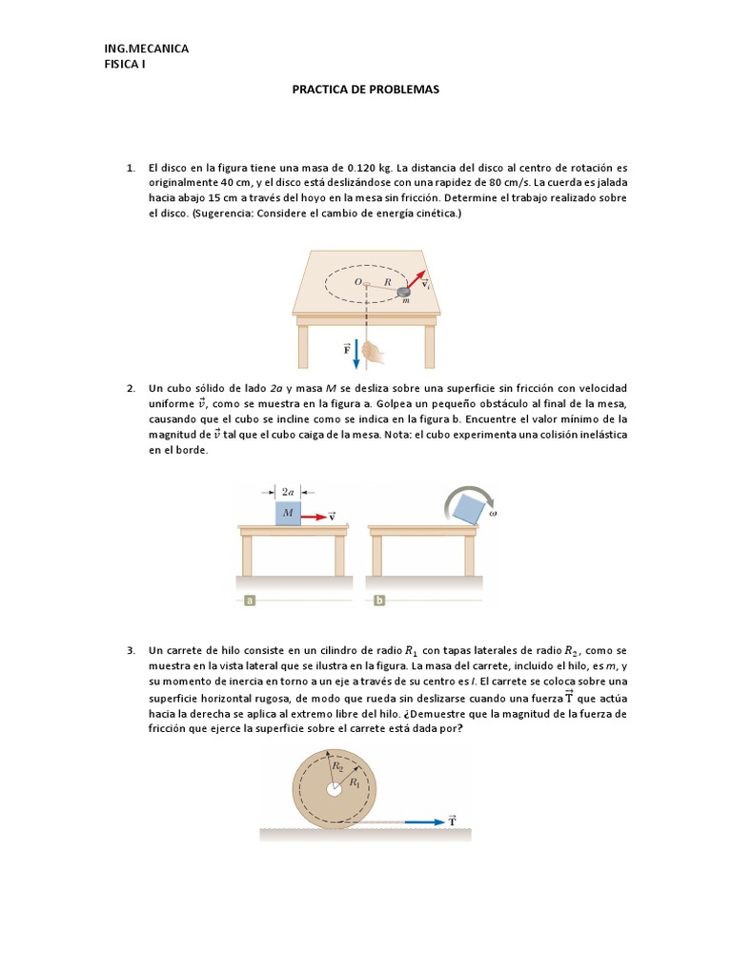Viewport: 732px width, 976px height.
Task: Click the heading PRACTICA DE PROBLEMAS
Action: point(365,89)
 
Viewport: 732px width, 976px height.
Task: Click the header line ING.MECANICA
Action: point(146,49)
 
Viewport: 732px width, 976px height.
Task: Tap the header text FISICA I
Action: point(125,64)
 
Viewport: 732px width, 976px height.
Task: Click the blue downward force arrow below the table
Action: point(356,355)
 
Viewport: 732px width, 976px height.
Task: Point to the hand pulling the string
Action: point(373,352)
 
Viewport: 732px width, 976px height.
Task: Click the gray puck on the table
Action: point(404,292)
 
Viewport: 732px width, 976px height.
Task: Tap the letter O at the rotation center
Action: point(358,282)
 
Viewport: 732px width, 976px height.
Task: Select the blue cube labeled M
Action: point(288,513)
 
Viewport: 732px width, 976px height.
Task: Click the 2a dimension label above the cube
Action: point(288,492)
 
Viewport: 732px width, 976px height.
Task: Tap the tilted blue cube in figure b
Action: point(468,509)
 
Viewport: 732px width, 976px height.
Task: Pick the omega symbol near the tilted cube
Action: point(493,514)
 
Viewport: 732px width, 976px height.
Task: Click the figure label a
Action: point(250,600)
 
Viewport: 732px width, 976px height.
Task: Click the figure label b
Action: point(379,600)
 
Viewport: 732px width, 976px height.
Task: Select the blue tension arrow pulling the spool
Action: point(425,823)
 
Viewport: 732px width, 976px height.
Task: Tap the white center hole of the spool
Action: point(335,789)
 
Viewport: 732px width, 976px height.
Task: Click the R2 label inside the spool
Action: point(336,766)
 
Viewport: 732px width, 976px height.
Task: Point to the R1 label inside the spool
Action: point(355,783)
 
